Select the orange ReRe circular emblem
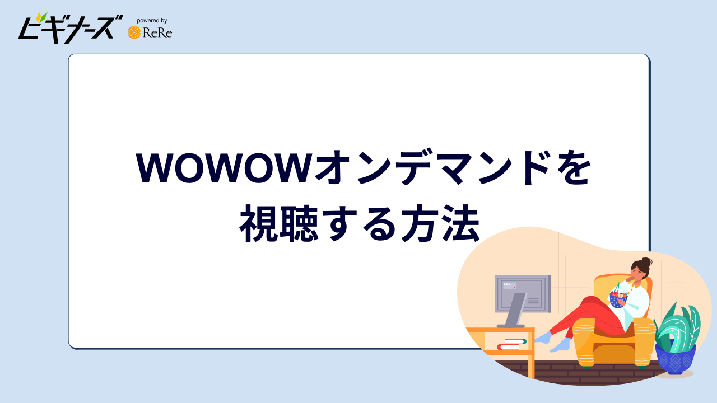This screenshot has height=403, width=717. pyautogui.click(x=134, y=32)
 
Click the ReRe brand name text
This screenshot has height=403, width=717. pyautogui.click(x=157, y=33)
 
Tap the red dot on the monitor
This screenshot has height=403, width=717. pyautogui.click(x=515, y=287)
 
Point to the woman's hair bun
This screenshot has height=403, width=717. pyautogui.click(x=646, y=261)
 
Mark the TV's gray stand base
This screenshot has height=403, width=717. pyautogui.click(x=510, y=325)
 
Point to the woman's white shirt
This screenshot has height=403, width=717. pyautogui.click(x=639, y=302)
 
